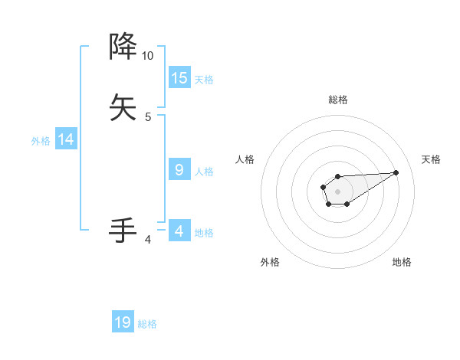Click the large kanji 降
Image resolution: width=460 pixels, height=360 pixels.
click(123, 47)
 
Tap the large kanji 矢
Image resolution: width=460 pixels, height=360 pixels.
click(123, 106)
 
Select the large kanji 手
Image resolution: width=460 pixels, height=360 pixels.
click(123, 230)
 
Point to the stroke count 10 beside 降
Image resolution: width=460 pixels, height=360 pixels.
click(147, 56)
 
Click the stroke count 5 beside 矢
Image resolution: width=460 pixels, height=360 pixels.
click(148, 116)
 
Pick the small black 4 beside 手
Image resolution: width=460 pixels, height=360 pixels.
click(148, 240)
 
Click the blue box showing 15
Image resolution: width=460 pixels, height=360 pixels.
click(179, 77)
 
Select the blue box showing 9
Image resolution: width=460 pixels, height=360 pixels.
click(179, 170)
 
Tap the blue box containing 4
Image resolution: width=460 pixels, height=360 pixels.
click(179, 231)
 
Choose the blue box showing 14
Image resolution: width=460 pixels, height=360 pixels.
click(66, 139)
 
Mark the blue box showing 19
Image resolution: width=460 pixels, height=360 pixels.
click(123, 322)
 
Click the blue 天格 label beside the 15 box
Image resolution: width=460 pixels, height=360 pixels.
click(204, 79)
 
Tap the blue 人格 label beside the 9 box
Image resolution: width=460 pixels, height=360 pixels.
click(204, 172)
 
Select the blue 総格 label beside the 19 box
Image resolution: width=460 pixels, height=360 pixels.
click(147, 324)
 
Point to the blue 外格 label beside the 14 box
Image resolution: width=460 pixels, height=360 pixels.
click(41, 141)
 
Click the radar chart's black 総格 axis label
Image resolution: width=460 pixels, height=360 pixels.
click(337, 100)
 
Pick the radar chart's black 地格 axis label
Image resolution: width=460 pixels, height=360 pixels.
click(402, 262)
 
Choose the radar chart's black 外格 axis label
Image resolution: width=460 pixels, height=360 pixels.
click(270, 262)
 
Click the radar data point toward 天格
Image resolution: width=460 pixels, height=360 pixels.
click(396, 172)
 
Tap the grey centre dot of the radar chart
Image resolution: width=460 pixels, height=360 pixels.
click(337, 190)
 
